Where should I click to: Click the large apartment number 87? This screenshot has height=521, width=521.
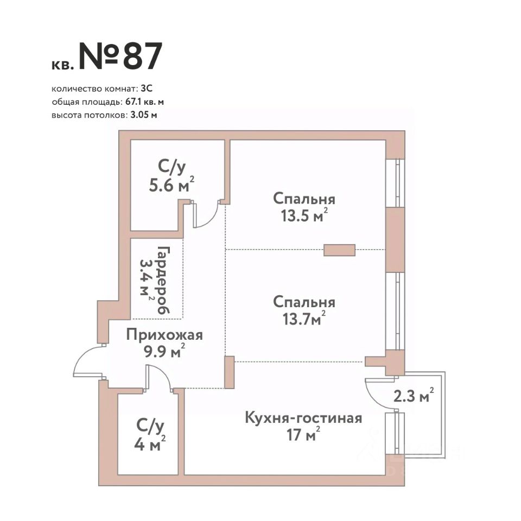click(143, 56)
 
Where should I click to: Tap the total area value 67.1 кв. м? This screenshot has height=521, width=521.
click(144, 102)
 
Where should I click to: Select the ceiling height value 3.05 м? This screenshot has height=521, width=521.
click(143, 115)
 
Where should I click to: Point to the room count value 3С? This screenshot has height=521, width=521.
click(147, 88)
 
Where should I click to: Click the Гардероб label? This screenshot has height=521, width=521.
click(163, 280)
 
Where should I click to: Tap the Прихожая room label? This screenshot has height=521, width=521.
click(164, 335)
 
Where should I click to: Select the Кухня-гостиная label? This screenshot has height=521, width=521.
click(303, 418)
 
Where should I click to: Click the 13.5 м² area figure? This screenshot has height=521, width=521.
click(304, 215)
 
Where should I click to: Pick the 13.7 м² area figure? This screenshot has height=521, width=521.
click(304, 319)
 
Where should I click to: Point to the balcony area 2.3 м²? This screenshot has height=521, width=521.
click(414, 396)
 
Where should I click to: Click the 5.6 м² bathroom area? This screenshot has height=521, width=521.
click(171, 185)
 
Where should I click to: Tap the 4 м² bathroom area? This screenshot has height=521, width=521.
click(150, 444)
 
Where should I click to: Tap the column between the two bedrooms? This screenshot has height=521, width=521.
click(340, 250)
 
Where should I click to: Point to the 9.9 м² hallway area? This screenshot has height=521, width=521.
click(164, 351)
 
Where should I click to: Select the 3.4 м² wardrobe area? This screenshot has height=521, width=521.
click(147, 280)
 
